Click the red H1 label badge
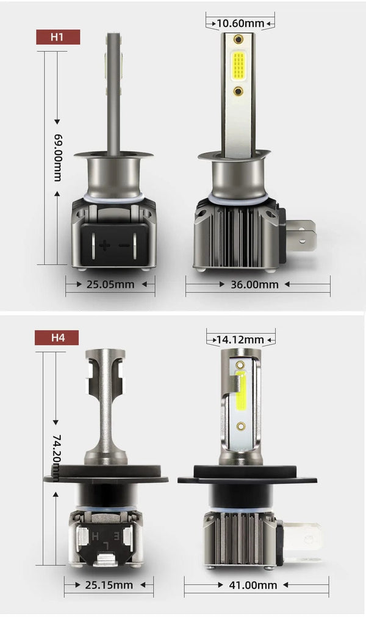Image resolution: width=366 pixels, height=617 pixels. click(x=58, y=37)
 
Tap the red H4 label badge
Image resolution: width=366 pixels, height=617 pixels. click(x=57, y=337)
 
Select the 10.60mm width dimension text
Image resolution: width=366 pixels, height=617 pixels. click(x=240, y=23)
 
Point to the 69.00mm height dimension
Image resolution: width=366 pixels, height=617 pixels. click(x=57, y=157)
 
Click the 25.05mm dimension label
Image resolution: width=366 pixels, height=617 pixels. click(x=110, y=284)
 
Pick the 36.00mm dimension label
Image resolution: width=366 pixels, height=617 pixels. click(x=254, y=284)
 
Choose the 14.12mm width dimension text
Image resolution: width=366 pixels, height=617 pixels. click(x=240, y=339)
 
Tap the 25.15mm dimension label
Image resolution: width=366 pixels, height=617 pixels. click(x=109, y=585)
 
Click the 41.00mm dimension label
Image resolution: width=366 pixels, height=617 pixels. click(x=253, y=585)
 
